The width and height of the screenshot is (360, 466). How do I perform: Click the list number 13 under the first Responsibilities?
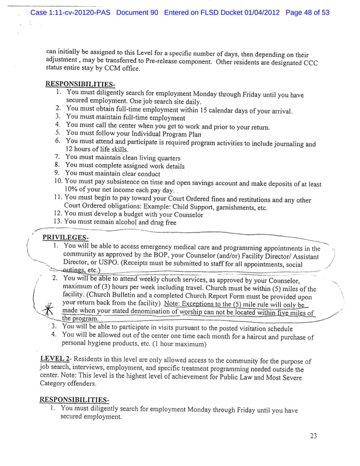point(57,222)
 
